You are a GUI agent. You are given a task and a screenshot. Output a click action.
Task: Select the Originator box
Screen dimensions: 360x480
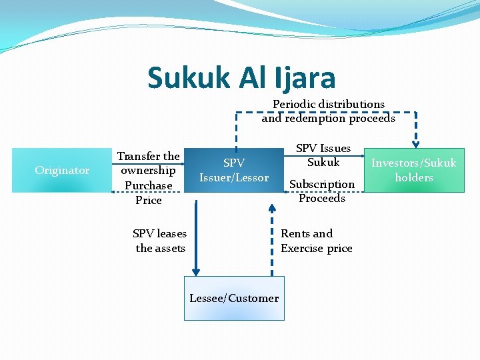pyautogui.click(x=62, y=170)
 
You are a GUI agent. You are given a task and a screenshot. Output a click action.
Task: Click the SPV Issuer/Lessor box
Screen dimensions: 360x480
pyautogui.click(x=234, y=170)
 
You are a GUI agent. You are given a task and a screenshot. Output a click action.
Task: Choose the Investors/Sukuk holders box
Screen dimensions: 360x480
pyautogui.click(x=414, y=171)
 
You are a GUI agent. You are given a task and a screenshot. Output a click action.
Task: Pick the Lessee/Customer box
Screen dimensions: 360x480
pyautogui.click(x=234, y=298)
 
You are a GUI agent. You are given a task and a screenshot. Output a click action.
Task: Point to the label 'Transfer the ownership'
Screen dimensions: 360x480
pyautogui.click(x=148, y=163)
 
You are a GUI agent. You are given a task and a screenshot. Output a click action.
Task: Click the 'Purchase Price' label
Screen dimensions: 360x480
pyautogui.click(x=148, y=192)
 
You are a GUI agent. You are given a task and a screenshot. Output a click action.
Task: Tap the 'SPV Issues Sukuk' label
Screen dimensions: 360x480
pyautogui.click(x=323, y=155)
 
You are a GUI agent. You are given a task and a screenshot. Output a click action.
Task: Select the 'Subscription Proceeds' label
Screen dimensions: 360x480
pyautogui.click(x=322, y=191)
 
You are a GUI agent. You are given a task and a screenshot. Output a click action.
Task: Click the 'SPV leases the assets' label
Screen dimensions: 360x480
pyautogui.click(x=160, y=241)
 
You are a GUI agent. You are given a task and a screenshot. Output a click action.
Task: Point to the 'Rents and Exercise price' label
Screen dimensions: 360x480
pyautogui.click(x=316, y=241)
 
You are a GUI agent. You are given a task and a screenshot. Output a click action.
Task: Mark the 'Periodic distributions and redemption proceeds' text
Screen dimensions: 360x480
pyautogui.click(x=328, y=111)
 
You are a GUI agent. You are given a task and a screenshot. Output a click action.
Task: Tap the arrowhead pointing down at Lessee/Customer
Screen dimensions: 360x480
pyautogui.click(x=196, y=271)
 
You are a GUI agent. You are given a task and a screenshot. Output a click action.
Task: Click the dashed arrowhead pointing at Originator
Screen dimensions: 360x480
pyautogui.click(x=112, y=192)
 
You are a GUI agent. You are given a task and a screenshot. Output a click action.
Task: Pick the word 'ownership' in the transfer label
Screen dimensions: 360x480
pyautogui.click(x=148, y=170)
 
